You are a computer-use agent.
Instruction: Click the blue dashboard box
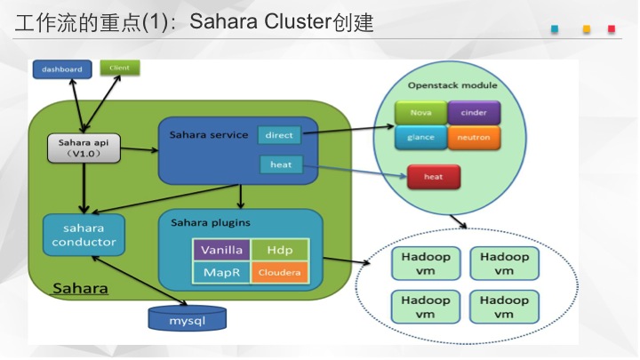(62, 69)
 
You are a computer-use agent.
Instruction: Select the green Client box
(120, 68)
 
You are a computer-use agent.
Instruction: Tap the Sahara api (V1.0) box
(84, 148)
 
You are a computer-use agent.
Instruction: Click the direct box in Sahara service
(279, 135)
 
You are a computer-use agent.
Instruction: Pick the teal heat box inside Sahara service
(281, 164)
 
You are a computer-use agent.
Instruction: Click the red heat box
(434, 177)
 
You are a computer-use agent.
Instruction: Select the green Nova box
(420, 113)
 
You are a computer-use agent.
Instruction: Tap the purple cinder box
(474, 113)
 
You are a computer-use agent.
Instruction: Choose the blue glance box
(420, 138)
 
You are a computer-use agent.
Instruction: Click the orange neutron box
(474, 138)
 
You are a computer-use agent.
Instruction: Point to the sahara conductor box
(84, 235)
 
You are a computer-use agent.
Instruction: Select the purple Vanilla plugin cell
(221, 250)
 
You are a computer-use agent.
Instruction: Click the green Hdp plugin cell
(280, 250)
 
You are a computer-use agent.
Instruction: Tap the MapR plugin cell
(221, 272)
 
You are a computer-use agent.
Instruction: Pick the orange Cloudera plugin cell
(280, 272)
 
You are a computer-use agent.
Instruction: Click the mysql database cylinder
(188, 318)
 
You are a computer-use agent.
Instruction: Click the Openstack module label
(452, 85)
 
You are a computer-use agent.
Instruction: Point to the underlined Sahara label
(80, 289)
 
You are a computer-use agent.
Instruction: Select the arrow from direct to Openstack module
(348, 130)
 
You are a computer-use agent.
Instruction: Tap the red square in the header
(612, 29)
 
